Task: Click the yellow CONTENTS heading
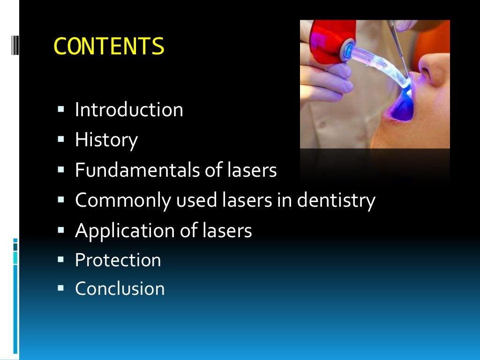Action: point(109,46)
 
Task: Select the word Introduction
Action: point(129,110)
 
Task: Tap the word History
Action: point(106,140)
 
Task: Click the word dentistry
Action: point(337,201)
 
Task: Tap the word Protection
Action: point(118,260)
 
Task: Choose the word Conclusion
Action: point(120,288)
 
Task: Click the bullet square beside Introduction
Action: point(60,110)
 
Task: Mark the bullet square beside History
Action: point(60,139)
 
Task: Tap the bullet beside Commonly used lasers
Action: point(60,200)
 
